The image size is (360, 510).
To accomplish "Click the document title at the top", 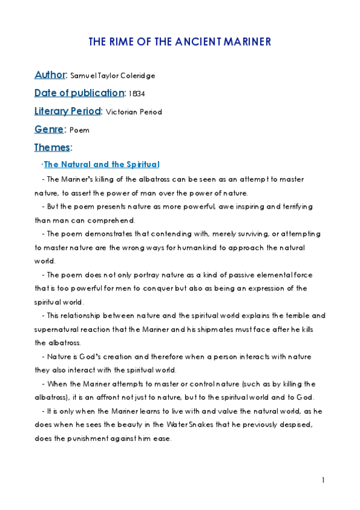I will (180, 42).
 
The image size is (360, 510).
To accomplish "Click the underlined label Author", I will (50, 75).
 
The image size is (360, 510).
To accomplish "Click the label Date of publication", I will (79, 93).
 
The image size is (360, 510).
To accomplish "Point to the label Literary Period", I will (68, 111).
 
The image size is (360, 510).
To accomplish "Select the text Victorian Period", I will (133, 112).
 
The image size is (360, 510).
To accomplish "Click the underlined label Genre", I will (49, 129).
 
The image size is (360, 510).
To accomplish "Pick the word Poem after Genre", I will (79, 130).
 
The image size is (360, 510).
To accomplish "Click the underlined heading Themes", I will (52, 147).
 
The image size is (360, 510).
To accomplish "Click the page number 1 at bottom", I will (323, 480).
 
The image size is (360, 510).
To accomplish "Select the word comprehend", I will (113, 220).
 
